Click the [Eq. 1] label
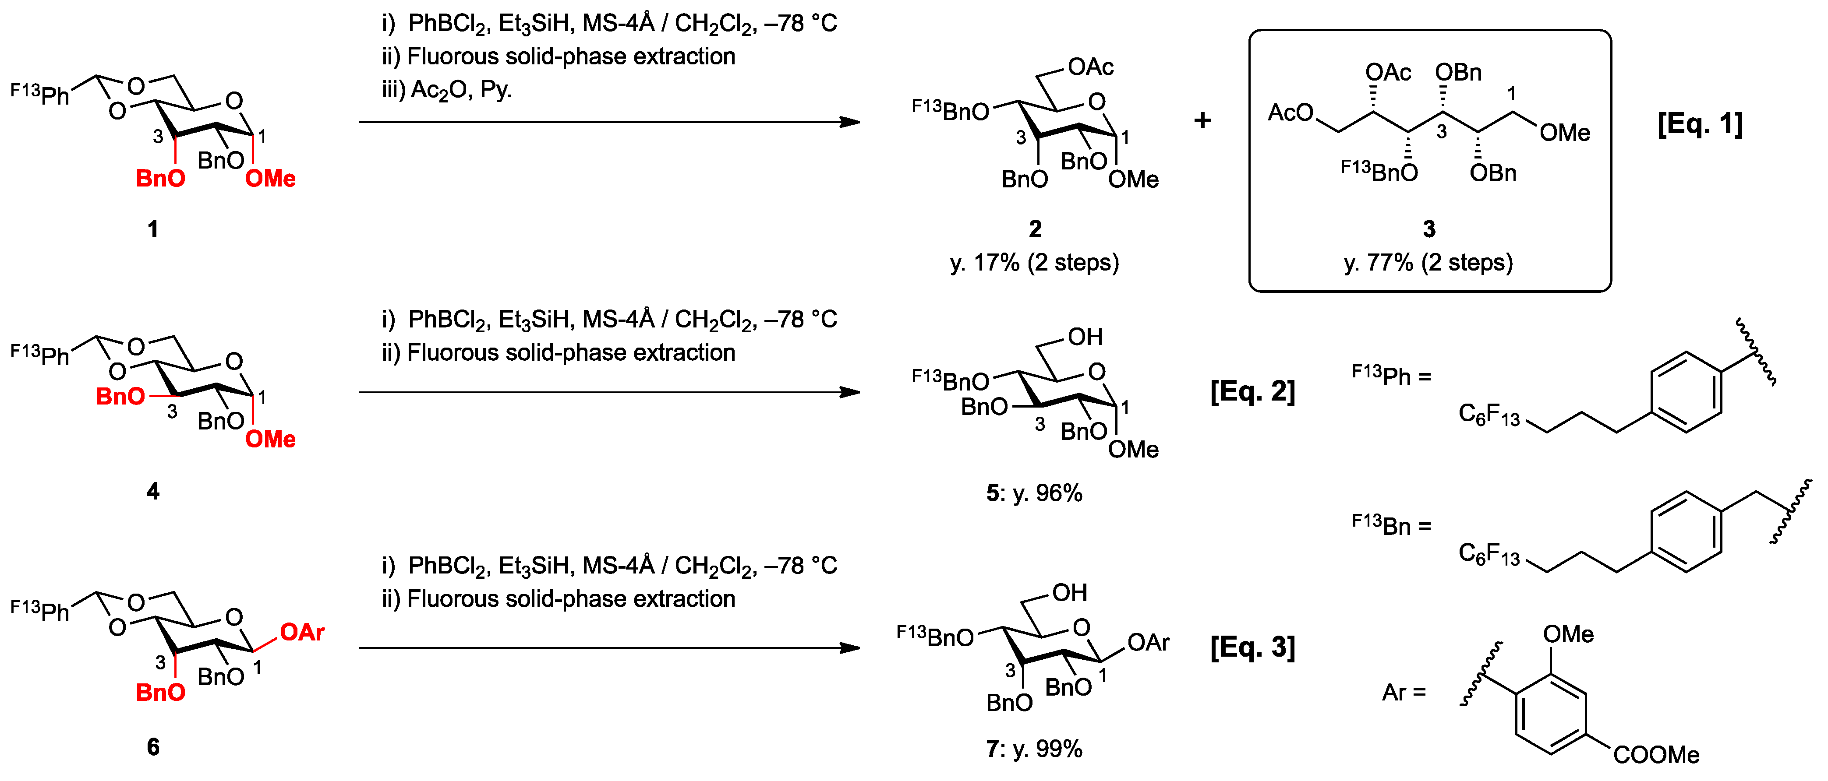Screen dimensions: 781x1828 [1700, 124]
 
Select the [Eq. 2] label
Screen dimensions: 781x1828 [1252, 391]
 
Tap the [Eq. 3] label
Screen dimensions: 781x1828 [1252, 647]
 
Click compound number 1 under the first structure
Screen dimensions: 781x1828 [152, 229]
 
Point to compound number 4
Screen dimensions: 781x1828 [152, 491]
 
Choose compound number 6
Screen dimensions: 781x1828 [152, 746]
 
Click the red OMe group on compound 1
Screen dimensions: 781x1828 [270, 179]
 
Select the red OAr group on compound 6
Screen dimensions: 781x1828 [302, 632]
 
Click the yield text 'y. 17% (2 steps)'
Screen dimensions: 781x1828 [1035, 263]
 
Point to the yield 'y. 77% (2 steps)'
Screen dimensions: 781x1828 [1428, 263]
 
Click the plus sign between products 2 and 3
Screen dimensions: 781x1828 [1202, 120]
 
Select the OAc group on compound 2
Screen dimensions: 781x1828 [1091, 67]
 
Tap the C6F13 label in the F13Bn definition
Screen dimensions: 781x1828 [1489, 554]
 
